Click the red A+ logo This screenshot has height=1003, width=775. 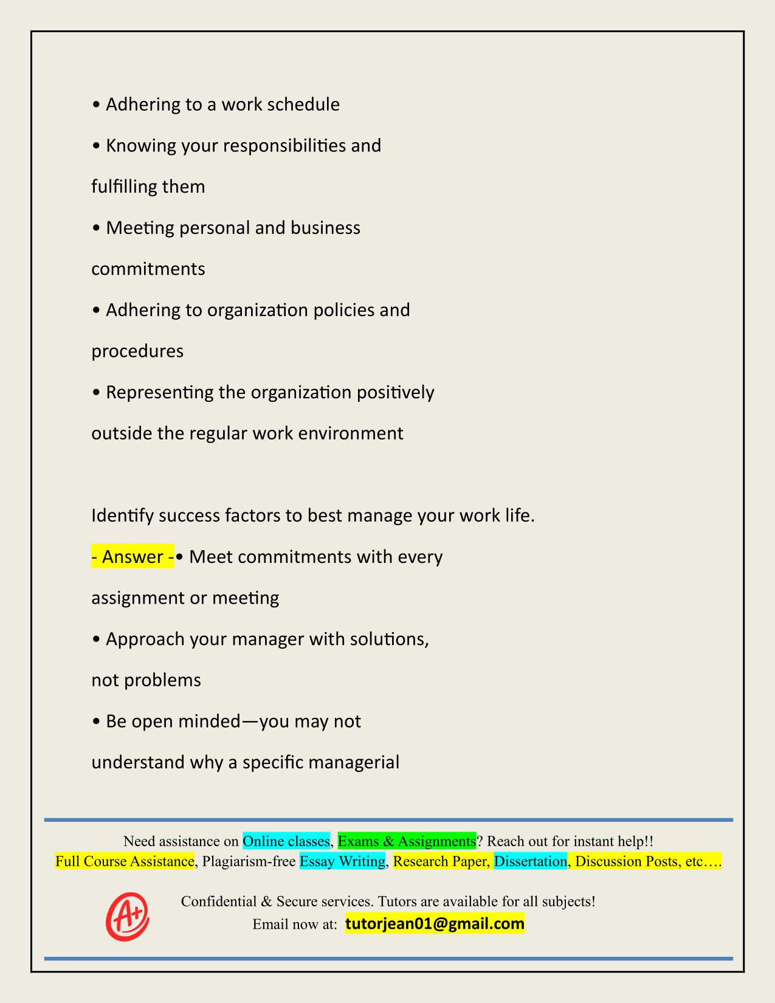[x=128, y=915]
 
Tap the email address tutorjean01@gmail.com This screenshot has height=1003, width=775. [x=435, y=924]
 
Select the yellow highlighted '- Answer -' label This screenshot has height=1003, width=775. [x=133, y=556]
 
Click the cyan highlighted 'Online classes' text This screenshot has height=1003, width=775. [x=286, y=841]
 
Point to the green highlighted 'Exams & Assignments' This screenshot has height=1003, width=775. [x=407, y=841]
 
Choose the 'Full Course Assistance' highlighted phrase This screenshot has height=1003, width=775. [x=125, y=861]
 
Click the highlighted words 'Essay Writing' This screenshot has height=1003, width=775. [x=342, y=861]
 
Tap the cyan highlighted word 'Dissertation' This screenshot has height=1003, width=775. [x=530, y=861]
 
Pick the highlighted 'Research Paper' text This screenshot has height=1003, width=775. [x=441, y=861]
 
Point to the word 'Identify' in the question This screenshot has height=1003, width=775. [x=122, y=516]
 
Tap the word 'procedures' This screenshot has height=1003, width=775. [x=137, y=351]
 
